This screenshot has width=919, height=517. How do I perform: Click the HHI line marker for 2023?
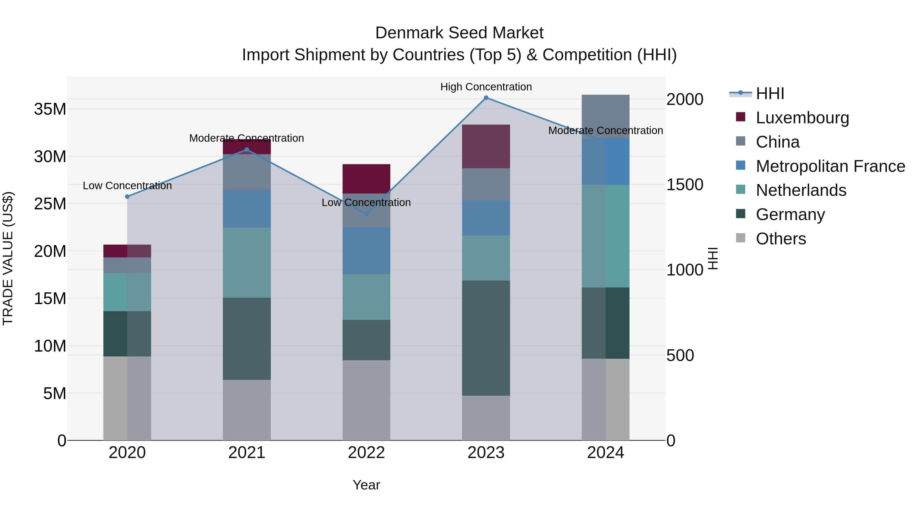click(x=486, y=98)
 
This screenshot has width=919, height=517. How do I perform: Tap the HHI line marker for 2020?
click(x=127, y=197)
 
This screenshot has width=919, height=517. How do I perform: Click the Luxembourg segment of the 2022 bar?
click(x=366, y=179)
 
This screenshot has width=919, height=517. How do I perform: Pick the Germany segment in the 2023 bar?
click(x=486, y=338)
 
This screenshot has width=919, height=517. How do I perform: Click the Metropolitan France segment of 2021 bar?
click(x=247, y=209)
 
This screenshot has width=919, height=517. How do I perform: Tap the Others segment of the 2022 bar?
click(x=366, y=400)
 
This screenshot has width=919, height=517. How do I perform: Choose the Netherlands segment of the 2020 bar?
click(x=127, y=292)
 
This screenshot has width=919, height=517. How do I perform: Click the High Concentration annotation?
click(x=486, y=87)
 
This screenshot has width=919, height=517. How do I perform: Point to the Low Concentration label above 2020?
click(x=127, y=186)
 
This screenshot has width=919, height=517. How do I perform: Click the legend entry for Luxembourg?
click(x=802, y=117)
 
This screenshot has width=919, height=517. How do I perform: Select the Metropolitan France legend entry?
click(x=830, y=166)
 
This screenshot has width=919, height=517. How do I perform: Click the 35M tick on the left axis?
click(x=50, y=109)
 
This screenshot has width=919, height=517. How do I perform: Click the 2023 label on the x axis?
click(x=486, y=453)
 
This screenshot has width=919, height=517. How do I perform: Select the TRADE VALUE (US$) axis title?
click(x=8, y=258)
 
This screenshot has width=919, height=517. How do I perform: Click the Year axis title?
click(x=366, y=485)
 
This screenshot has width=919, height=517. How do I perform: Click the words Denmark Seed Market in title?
click(x=459, y=33)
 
